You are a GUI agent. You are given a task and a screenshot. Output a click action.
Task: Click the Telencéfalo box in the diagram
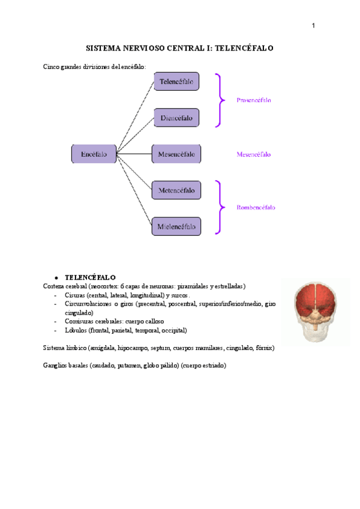pyautogui.click(x=176, y=82)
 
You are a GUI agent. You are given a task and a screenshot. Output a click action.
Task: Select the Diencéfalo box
pyautogui.click(x=176, y=118)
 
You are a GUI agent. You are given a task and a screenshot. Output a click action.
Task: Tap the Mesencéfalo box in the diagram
pyautogui.click(x=176, y=154)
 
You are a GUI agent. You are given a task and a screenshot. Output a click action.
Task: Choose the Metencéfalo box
pyautogui.click(x=176, y=191)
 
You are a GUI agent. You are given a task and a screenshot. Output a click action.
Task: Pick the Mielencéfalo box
pyautogui.click(x=176, y=226)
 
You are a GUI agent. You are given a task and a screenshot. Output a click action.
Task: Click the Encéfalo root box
pyautogui.click(x=94, y=154)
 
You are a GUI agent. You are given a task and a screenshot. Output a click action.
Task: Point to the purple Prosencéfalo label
pyautogui.click(x=253, y=100)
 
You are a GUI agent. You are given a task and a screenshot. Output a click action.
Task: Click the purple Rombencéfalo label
pyautogui.click(x=256, y=208)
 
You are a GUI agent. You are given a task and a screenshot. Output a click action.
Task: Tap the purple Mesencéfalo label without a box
pyautogui.click(x=253, y=154)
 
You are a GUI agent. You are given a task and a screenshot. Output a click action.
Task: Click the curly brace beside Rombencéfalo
pyautogui.click(x=221, y=208)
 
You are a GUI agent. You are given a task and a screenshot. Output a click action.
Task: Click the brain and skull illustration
pyautogui.click(x=316, y=310)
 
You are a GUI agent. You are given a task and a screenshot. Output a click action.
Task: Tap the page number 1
pyautogui.click(x=313, y=25)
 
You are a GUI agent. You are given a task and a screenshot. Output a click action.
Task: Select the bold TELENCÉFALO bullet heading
pyautogui.click(x=90, y=278)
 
